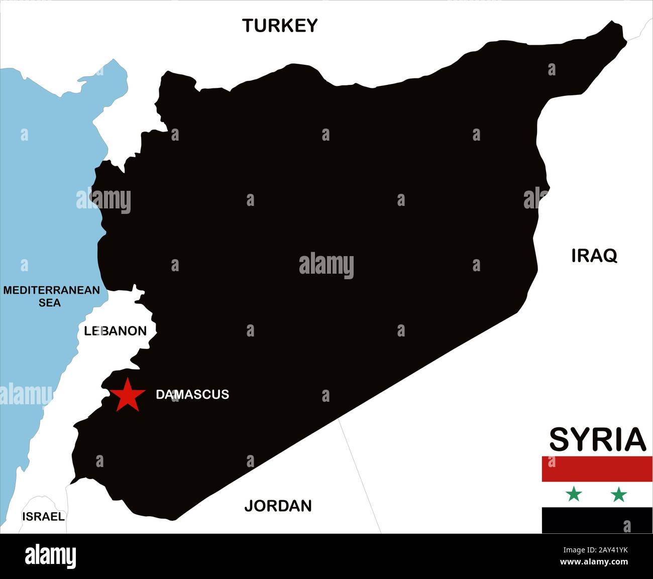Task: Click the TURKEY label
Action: click(x=280, y=25)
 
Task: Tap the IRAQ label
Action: click(x=594, y=256)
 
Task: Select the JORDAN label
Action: click(x=278, y=505)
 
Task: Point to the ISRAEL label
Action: click(x=43, y=516)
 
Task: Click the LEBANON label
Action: click(x=115, y=330)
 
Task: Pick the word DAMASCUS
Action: click(x=192, y=394)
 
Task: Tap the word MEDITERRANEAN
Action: click(x=51, y=290)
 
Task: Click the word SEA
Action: click(x=50, y=303)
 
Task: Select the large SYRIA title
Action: click(x=597, y=439)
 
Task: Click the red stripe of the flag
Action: click(x=597, y=469)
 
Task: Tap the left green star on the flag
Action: click(x=573, y=495)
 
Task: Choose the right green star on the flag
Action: click(x=618, y=495)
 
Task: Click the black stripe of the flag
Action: click(x=597, y=520)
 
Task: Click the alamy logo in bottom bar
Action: click(x=50, y=556)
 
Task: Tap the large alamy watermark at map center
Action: click(x=326, y=266)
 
